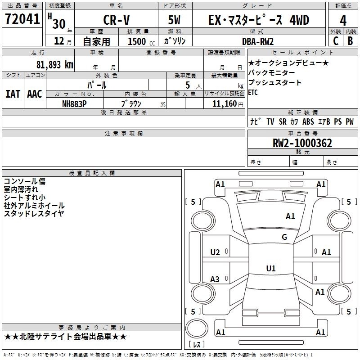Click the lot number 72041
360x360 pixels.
[x=22, y=18]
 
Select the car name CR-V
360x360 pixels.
[x=117, y=20]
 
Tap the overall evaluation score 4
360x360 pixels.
[x=343, y=21]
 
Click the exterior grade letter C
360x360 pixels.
[x=336, y=41]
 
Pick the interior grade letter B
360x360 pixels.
[x=351, y=41]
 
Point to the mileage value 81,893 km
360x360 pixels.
[x=55, y=65]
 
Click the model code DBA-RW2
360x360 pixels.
[x=258, y=41]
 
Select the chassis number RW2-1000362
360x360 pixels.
[x=302, y=143]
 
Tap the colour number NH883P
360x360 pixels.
[x=74, y=104]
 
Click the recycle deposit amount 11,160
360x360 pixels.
[x=225, y=103]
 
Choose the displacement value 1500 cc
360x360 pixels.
[x=141, y=41]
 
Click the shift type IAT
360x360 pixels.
[x=13, y=94]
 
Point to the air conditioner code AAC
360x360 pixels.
[x=35, y=94]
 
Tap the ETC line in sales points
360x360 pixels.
[x=253, y=92]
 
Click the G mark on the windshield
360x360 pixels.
[x=284, y=237]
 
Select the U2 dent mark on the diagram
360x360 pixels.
[x=215, y=252]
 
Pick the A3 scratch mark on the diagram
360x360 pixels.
[x=215, y=279]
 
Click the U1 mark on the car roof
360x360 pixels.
[x=271, y=268]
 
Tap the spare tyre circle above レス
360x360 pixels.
[x=197, y=328]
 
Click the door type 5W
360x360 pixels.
[x=174, y=20]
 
